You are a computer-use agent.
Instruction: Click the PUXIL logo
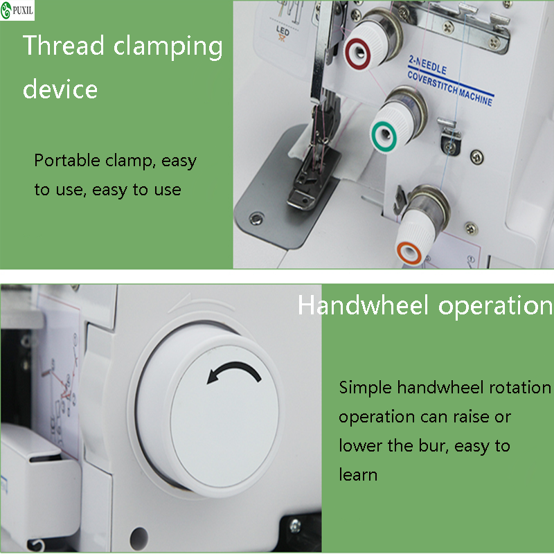point(17,10)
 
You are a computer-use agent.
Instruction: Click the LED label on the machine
point(283,30)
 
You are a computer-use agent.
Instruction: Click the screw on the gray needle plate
point(256,217)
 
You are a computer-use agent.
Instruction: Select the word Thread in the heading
point(64,46)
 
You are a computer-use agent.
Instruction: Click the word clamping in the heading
point(168,47)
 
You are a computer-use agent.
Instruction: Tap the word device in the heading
point(60,89)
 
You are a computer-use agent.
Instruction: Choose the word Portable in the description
point(67,161)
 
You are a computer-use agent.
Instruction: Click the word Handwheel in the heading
point(363,305)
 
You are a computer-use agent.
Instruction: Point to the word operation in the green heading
point(495,306)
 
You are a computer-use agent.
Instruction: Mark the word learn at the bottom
point(358,474)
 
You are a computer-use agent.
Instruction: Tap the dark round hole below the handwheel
point(139,539)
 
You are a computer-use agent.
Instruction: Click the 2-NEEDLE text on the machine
point(427,64)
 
